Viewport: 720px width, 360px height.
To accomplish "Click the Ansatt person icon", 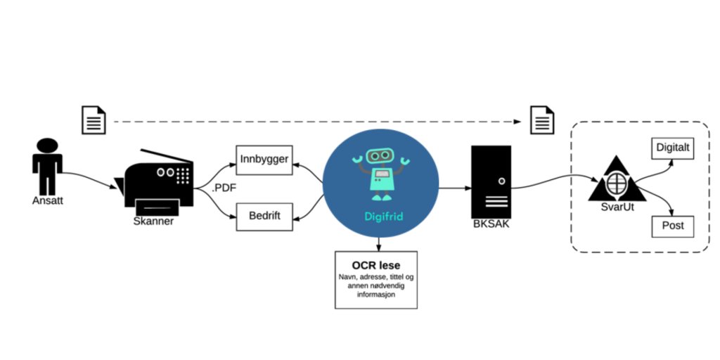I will tap(47, 165).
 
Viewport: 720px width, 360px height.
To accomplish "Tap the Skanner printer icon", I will tap(158, 180).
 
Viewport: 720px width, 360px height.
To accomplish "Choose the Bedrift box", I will tap(264, 216).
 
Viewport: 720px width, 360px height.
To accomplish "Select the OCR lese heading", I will tap(375, 266).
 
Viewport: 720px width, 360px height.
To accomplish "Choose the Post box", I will tap(673, 226).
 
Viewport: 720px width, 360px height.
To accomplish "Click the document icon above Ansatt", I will tap(94, 120).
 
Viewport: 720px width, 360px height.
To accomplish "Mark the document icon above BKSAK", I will tap(542, 120).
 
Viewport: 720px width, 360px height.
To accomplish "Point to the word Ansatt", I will tap(48, 200).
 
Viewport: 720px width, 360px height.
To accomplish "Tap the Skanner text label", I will tap(153, 221).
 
